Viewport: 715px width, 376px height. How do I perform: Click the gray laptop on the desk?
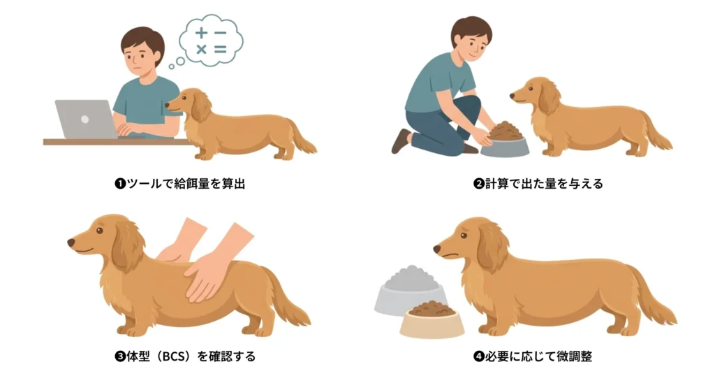point(85,119)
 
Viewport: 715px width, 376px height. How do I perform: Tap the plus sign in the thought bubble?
point(201,34)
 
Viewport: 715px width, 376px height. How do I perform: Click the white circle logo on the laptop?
point(84,119)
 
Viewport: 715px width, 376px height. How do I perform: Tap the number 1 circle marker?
point(120,184)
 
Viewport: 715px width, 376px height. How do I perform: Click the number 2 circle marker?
point(479,184)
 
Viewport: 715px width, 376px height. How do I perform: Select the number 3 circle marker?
point(120,356)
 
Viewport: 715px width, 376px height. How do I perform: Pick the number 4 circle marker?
point(479,356)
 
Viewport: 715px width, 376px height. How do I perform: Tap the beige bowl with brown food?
point(432,319)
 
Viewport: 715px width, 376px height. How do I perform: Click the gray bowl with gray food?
point(409,292)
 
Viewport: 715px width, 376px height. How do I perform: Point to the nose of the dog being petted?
point(72,243)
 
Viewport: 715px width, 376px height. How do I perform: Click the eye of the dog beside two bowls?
point(464,236)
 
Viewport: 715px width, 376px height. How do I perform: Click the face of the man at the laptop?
point(142,58)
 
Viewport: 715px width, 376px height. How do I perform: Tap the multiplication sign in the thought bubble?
point(201,50)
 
